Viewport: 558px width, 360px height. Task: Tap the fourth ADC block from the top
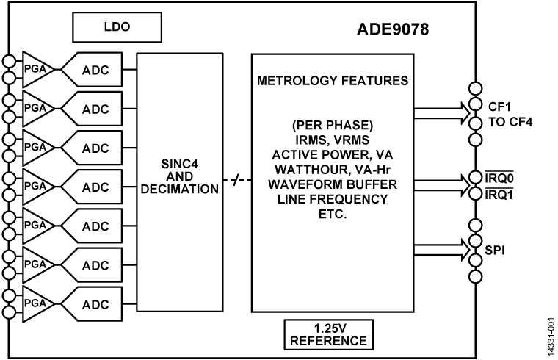pyautogui.click(x=95, y=187)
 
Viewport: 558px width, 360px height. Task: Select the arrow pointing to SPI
pyautogui.click(x=439, y=251)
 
